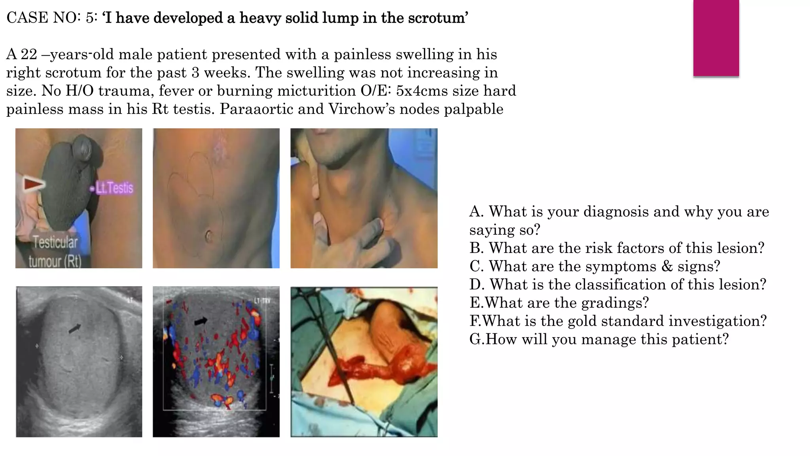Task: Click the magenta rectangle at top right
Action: [x=716, y=38]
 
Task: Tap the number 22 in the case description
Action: [x=28, y=54]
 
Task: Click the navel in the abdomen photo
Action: [x=208, y=237]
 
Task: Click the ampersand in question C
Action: [x=667, y=266]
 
